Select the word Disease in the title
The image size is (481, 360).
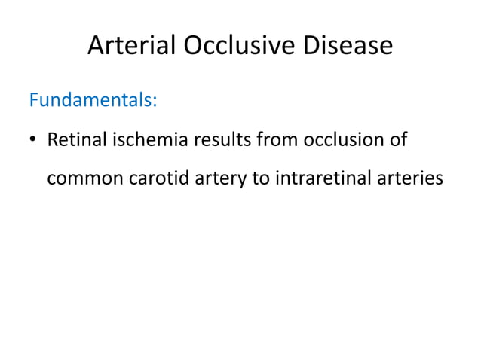pos(349,47)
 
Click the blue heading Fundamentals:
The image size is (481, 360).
pos(93,100)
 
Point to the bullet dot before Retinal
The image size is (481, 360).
pos(34,141)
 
